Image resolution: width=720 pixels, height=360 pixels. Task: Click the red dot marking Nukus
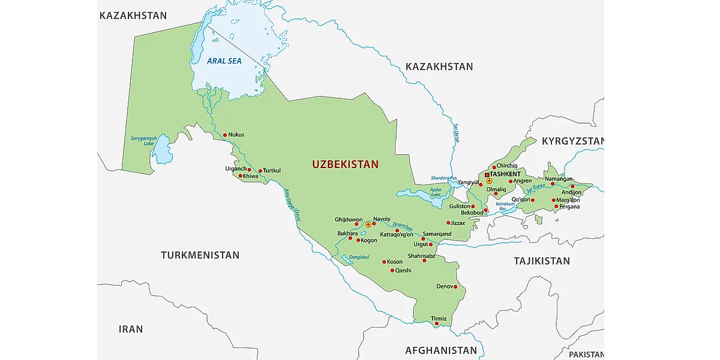(x=225, y=135)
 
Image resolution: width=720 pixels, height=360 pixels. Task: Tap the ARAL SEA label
(x=223, y=61)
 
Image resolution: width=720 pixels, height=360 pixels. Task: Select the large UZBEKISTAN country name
(x=345, y=164)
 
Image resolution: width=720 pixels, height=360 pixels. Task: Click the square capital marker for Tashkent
(x=487, y=175)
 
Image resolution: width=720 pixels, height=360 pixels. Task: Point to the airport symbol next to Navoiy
(x=368, y=224)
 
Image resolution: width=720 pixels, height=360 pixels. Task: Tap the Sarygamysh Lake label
(x=143, y=141)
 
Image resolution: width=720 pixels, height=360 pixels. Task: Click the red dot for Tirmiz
(x=437, y=324)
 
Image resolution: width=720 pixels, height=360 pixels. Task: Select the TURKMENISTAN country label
(x=200, y=256)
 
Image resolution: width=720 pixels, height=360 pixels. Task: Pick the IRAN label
(x=131, y=329)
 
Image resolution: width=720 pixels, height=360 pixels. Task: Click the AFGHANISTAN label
(x=441, y=350)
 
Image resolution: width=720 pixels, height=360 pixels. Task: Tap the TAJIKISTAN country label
(x=542, y=261)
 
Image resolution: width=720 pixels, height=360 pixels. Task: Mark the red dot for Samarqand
(x=423, y=239)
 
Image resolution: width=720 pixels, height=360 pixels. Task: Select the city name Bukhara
(x=347, y=233)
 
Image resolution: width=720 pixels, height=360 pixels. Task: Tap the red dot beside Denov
(x=456, y=287)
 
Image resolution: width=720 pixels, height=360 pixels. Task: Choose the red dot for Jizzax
(x=448, y=223)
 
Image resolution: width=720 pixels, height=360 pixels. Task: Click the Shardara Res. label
(x=443, y=178)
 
